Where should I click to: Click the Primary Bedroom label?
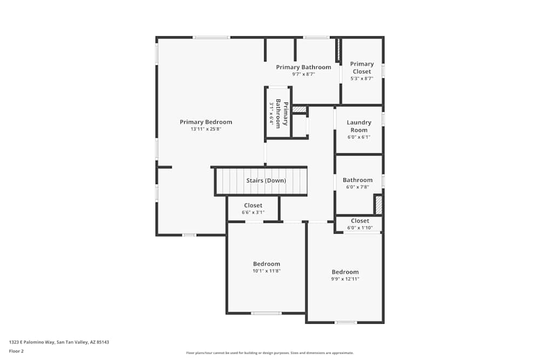[206, 122]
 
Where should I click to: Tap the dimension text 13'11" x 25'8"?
[206, 130]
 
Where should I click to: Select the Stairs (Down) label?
[266, 181]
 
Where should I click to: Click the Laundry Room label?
[359, 126]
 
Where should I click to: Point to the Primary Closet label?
[362, 67]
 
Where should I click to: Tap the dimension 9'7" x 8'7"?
[303, 74]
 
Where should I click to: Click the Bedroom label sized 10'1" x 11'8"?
[267, 263]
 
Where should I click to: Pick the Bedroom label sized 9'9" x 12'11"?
[345, 272]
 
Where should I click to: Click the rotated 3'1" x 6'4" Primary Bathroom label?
[279, 113]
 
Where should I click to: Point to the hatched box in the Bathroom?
[379, 205]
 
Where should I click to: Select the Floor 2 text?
[16, 351]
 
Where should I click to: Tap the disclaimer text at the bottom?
[270, 352]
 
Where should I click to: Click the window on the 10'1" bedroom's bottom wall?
[266, 313]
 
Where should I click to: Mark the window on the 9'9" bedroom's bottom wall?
[346, 323]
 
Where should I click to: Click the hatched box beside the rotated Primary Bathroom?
[299, 110]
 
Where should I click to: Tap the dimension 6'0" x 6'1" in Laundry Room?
[359, 137]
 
